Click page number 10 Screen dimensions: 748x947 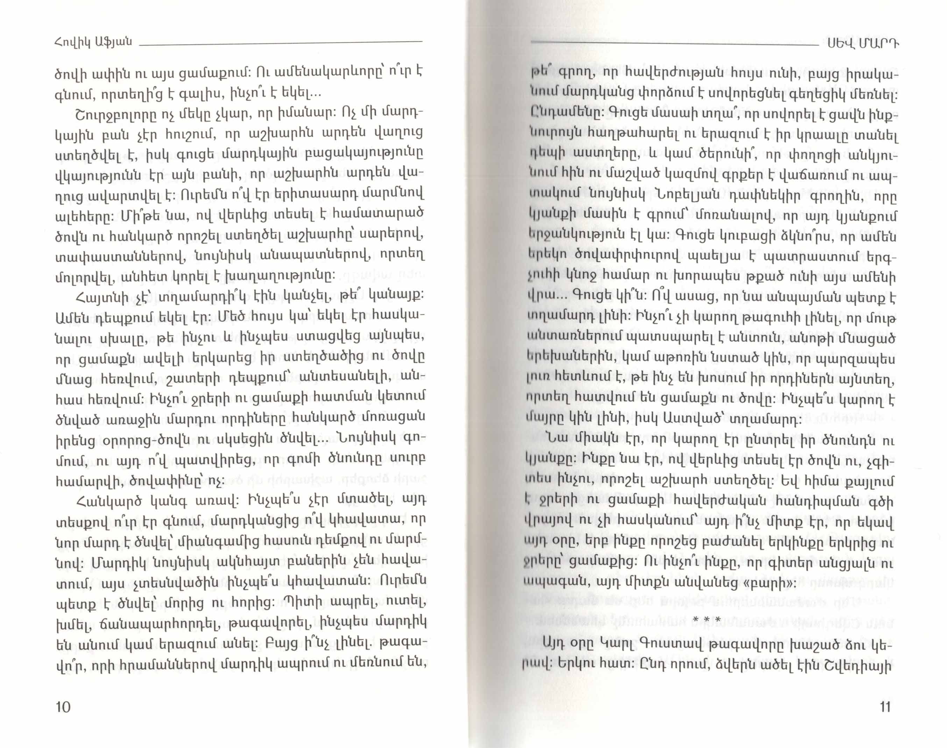coord(63,707)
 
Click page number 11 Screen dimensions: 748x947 coord(884,707)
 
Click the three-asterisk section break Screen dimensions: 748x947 coord(707,621)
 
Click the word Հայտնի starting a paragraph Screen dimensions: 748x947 coord(97,298)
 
